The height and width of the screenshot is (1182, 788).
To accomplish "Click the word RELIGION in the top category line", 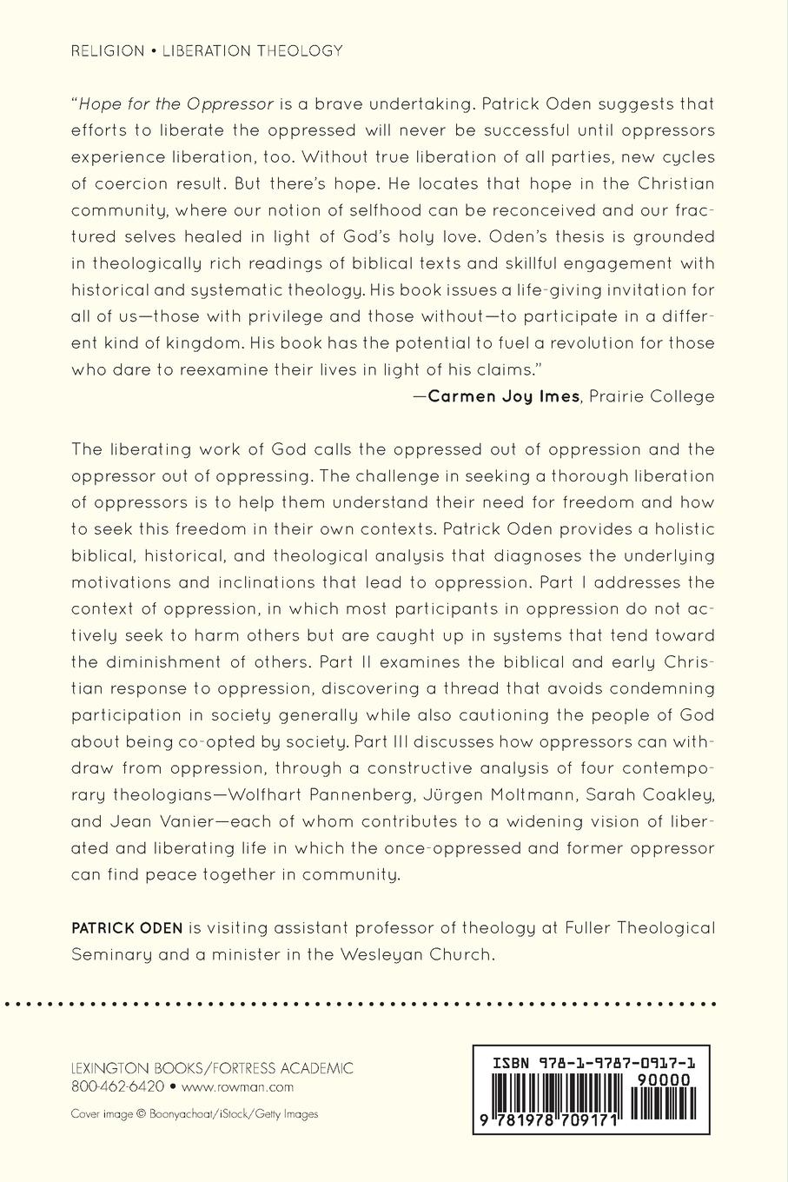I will tap(108, 51).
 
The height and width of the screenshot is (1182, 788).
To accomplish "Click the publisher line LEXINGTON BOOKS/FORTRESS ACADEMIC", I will tap(212, 1068).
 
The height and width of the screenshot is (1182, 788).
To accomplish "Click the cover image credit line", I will tap(195, 1113).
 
